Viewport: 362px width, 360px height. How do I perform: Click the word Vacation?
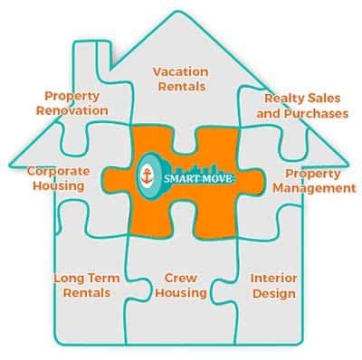(x=179, y=71)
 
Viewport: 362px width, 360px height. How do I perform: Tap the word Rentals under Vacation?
(x=179, y=86)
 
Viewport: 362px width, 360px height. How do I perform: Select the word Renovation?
(x=71, y=109)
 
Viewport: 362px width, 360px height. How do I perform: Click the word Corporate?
(x=56, y=169)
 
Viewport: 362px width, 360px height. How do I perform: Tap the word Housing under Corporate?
(x=56, y=185)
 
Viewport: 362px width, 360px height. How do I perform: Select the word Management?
(x=314, y=188)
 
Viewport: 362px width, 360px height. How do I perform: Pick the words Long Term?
(x=81, y=278)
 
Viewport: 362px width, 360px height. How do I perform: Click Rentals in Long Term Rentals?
(x=81, y=293)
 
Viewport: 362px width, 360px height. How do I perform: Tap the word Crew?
(x=181, y=278)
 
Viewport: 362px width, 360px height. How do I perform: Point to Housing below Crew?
(x=181, y=293)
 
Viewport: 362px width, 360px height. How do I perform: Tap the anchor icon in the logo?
(x=148, y=177)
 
